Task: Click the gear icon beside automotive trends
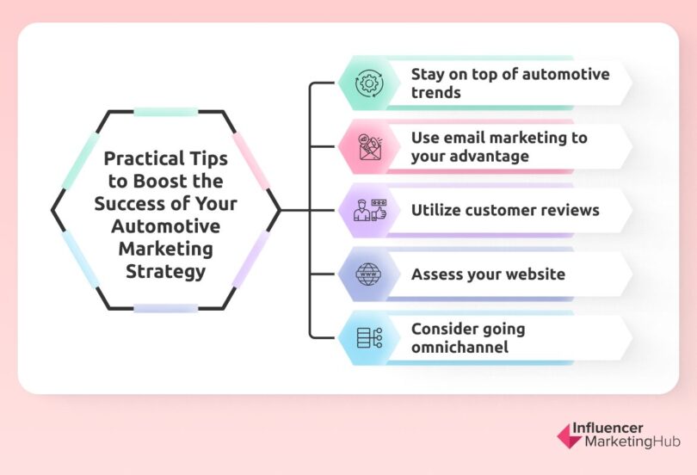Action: click(368, 83)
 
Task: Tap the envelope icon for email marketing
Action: click(368, 148)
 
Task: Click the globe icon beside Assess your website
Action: click(368, 275)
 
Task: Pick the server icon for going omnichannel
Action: click(368, 337)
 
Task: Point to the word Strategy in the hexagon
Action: click(166, 273)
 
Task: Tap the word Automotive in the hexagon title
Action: click(166, 226)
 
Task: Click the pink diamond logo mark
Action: click(569, 435)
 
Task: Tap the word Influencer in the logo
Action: click(614, 428)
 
